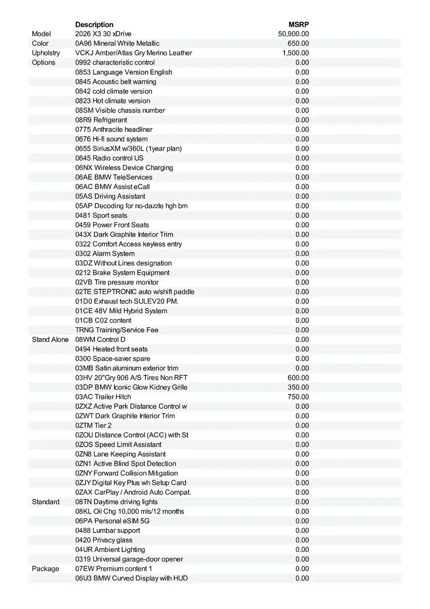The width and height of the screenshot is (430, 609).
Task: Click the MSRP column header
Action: coord(299,24)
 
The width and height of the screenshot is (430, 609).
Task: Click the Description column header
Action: coord(94,24)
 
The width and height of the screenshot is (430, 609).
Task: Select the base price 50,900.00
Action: coord(294,34)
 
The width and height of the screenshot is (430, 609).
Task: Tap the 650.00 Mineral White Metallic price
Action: coord(298,44)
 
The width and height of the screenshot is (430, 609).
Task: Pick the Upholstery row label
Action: coord(46,53)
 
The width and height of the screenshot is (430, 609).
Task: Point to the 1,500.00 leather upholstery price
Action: coord(296,53)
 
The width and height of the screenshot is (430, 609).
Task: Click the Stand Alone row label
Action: coord(50,340)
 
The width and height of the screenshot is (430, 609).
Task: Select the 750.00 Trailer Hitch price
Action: coord(298,397)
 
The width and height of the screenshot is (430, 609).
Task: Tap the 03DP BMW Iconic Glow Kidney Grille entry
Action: coord(131,387)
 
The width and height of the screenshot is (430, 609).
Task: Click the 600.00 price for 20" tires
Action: coord(298,378)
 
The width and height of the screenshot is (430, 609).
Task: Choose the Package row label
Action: coord(46,569)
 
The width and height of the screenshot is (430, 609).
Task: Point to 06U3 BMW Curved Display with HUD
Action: coord(132,579)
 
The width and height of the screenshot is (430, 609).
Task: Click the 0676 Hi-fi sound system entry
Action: coord(112,139)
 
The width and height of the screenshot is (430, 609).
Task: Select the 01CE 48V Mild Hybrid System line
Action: coord(121,311)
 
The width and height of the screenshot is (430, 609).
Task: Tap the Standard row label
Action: coord(46,502)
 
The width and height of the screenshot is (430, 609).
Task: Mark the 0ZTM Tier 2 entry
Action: coord(93,426)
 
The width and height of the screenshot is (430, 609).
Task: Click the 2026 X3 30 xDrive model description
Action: coord(103,34)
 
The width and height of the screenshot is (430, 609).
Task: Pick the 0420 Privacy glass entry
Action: coord(104,540)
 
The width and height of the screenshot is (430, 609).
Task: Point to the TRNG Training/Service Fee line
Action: coord(117,330)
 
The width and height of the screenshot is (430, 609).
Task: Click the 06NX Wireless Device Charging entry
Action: coord(124,167)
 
